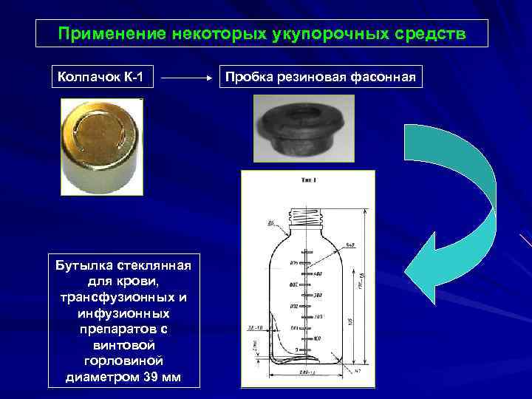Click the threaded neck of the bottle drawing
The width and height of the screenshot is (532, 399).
307,216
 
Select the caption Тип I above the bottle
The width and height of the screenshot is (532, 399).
309,179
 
